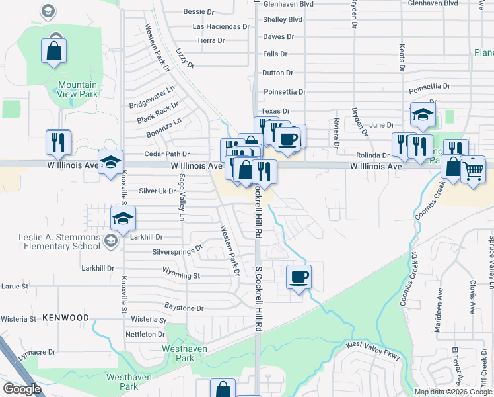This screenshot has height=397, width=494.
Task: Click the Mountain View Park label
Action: [x=77, y=89]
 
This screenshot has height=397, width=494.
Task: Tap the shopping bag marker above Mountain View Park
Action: [x=54, y=51]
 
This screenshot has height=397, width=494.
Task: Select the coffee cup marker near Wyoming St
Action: [x=299, y=277]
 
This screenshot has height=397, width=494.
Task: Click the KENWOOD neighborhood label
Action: [x=65, y=318]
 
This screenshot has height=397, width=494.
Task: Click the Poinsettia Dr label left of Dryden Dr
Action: [x=285, y=92]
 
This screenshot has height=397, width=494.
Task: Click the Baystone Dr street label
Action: [x=184, y=308]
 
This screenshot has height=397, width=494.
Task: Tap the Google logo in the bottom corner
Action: [x=22, y=389]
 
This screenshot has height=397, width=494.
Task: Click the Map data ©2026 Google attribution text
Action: [x=452, y=392]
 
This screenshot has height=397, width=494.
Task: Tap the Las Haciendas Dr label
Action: [x=221, y=27]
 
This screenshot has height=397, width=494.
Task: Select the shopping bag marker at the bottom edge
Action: [x=223, y=389]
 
